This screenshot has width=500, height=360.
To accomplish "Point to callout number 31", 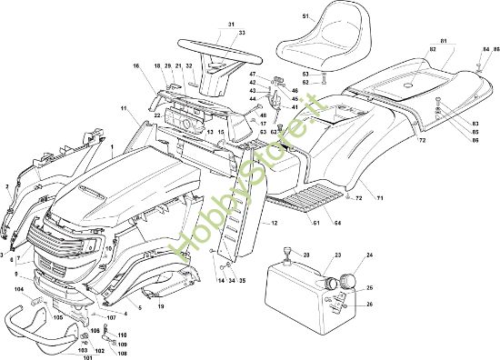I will [230, 24].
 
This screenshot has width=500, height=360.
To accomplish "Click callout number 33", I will [242, 34].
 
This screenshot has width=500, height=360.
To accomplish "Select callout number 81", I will [443, 42].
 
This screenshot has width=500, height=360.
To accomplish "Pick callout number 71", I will [380, 197].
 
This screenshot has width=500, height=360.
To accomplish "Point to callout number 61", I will [315, 223].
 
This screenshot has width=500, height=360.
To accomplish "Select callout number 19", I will [161, 307].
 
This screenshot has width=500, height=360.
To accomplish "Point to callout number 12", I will [274, 223].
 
